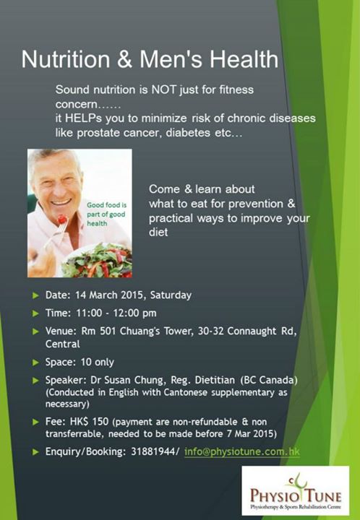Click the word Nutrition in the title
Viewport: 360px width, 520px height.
pyautogui.click(x=66, y=59)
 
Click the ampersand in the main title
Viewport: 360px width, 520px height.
pyautogui.click(x=124, y=60)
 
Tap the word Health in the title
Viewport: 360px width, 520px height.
pyautogui.click(x=244, y=59)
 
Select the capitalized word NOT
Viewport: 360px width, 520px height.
pyautogui.click(x=164, y=90)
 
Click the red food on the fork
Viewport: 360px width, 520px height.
pyautogui.click(x=61, y=219)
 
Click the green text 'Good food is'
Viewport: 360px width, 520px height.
pyautogui.click(x=106, y=205)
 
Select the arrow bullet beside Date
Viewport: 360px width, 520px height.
pyautogui.click(x=36, y=295)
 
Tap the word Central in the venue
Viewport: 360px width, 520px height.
pyautogui.click(x=63, y=344)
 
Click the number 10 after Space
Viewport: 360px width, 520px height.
pyautogui.click(x=86, y=362)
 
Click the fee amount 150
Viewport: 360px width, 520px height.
pyautogui.click(x=100, y=422)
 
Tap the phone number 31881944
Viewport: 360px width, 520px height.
pyautogui.click(x=154, y=451)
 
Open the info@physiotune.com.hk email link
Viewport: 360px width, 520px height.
pyautogui.click(x=242, y=452)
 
